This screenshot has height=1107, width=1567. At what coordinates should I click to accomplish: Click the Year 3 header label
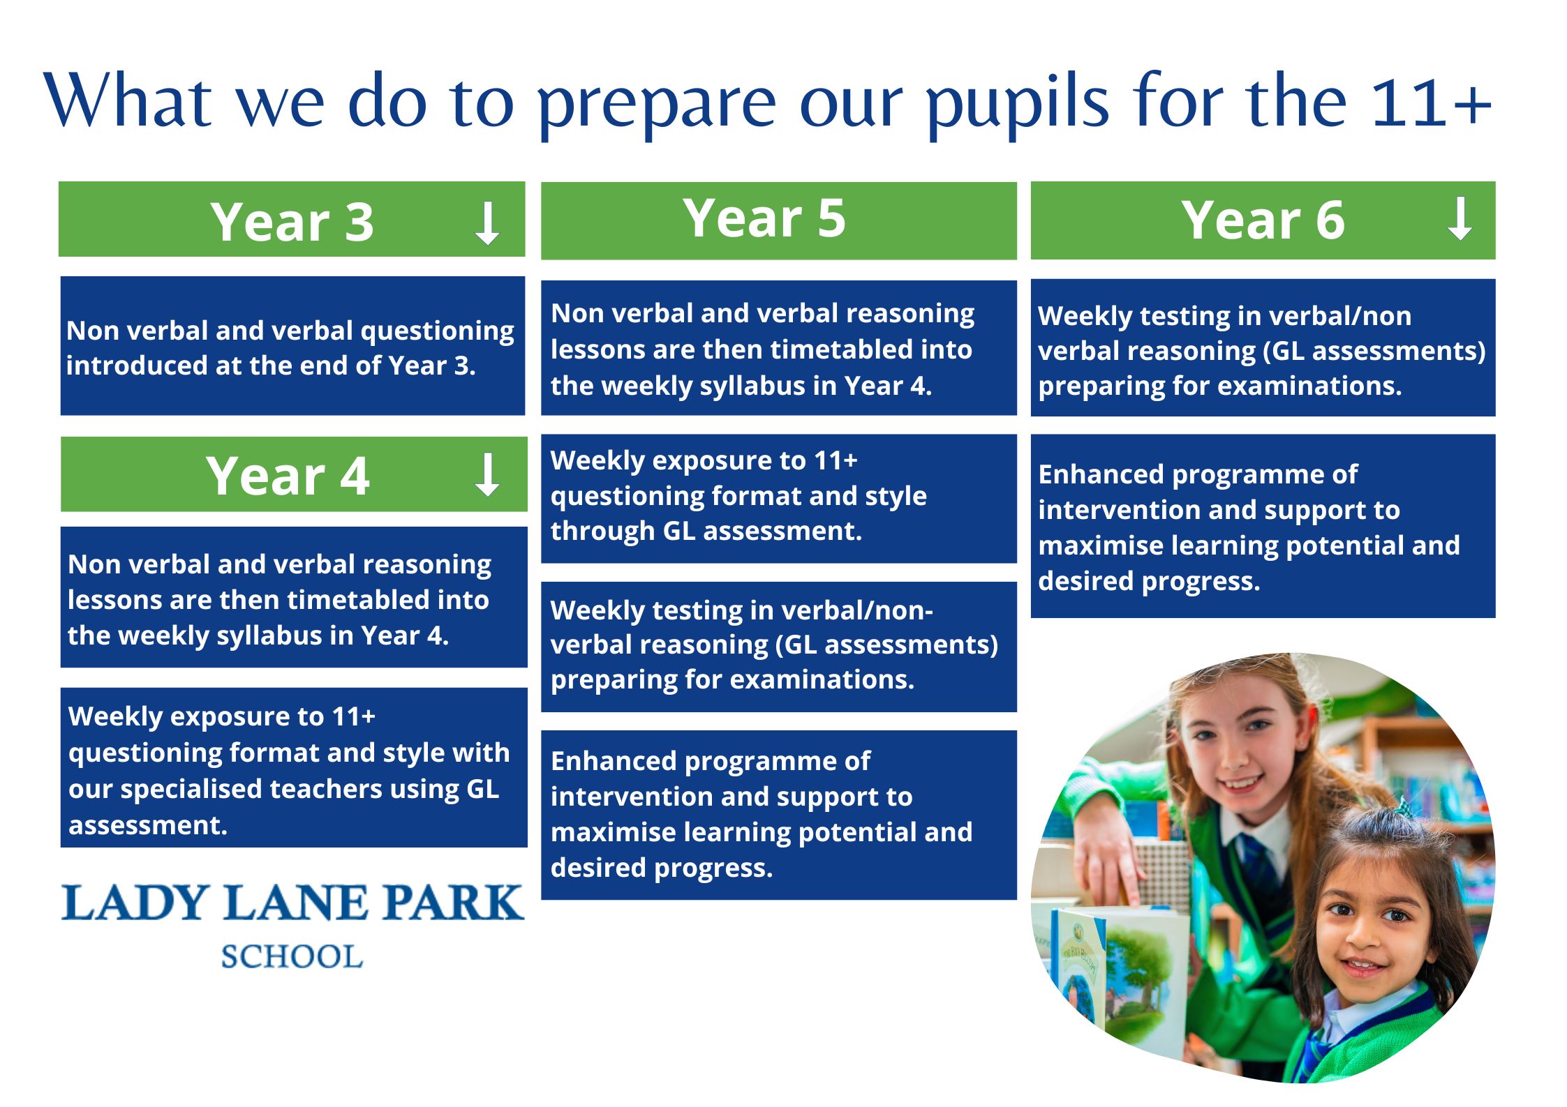292,222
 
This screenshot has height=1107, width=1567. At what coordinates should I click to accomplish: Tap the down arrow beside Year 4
487,474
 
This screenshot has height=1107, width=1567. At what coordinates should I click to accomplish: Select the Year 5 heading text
764,218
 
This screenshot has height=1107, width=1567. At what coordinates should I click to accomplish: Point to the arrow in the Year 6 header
1460,219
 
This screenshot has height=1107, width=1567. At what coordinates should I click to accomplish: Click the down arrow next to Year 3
487,223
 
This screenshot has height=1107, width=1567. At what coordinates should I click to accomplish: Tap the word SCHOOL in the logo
292,956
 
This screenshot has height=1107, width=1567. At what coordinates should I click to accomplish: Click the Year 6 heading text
1263,220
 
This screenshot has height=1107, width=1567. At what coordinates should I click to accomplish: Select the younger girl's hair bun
1393,820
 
